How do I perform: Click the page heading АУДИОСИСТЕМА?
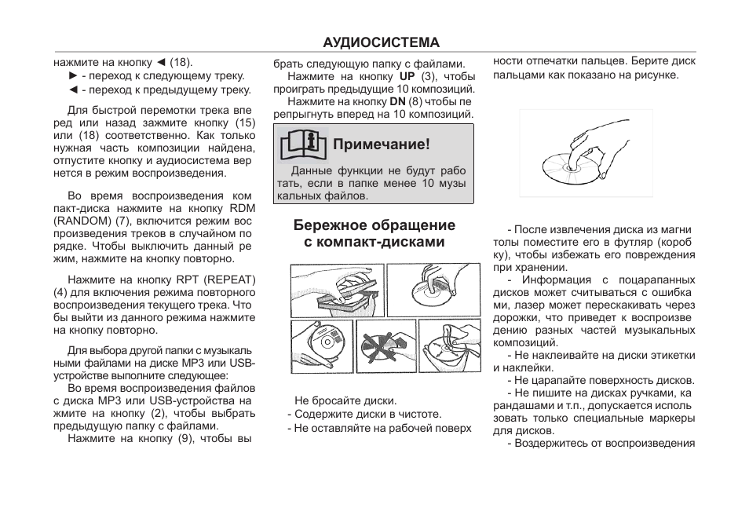point(382,42)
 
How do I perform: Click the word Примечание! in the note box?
point(382,144)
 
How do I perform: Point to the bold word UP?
point(407,76)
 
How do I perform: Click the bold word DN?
point(397,101)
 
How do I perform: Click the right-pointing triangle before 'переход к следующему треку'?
point(73,76)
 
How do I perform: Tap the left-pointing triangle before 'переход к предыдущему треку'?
point(73,90)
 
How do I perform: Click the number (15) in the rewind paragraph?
point(245,122)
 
